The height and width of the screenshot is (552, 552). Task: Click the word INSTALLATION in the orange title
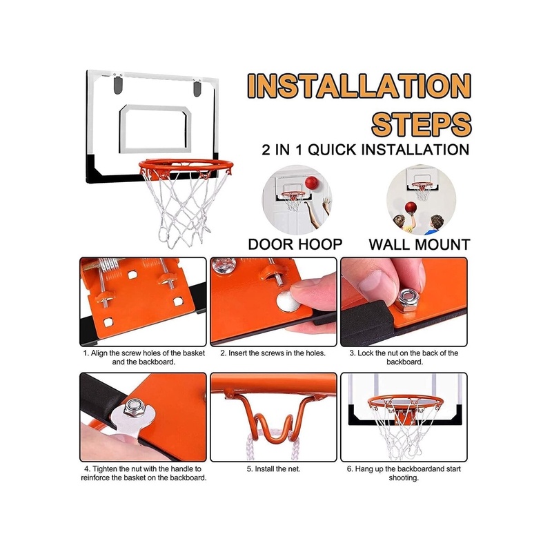[x=359, y=86]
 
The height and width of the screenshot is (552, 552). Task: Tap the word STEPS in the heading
[x=422, y=124]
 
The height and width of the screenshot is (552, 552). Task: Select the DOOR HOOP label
[x=295, y=244]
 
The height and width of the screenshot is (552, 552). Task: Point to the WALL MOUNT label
[x=420, y=244]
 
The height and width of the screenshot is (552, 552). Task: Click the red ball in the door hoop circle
[x=312, y=183]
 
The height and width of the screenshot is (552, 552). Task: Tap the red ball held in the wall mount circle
[x=411, y=208]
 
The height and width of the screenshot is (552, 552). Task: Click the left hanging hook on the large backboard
[x=118, y=86]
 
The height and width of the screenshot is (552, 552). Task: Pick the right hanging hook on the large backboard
[x=197, y=88]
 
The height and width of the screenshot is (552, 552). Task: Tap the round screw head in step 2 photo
[x=288, y=301]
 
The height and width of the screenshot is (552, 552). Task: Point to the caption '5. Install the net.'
[x=273, y=469]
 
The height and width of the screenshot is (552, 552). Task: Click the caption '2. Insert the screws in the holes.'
[x=273, y=353]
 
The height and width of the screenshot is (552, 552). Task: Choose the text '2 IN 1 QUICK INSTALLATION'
[x=366, y=150]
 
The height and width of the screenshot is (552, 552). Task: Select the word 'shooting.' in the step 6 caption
[x=404, y=478]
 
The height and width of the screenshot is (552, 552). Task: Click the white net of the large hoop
[x=184, y=208]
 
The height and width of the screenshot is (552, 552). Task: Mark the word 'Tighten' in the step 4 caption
[x=106, y=469]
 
